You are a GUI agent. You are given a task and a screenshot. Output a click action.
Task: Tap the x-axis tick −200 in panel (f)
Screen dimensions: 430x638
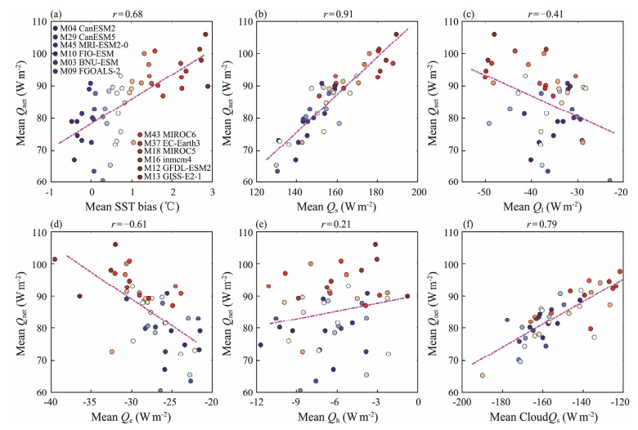[x=463, y=403]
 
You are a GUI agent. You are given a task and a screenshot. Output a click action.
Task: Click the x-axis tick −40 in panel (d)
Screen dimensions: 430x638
[x=51, y=403]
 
